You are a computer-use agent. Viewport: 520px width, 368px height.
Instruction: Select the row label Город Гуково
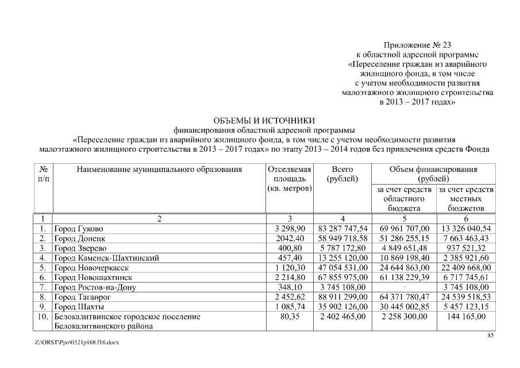pos(79,229)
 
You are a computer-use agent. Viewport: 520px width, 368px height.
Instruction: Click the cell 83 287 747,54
pos(342,229)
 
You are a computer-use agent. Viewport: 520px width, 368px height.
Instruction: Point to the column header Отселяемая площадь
pos(290,179)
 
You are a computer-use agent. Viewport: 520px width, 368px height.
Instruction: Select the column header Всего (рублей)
pos(342,174)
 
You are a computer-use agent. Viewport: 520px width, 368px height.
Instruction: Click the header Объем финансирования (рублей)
pos(433,174)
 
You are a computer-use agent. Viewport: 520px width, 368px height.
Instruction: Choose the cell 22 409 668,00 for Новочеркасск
pos(465,268)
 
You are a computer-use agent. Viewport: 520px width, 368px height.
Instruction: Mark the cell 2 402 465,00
pos(342,317)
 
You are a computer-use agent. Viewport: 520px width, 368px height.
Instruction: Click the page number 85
pos(491,336)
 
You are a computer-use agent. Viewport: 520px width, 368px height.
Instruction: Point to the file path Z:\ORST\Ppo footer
pos(76,342)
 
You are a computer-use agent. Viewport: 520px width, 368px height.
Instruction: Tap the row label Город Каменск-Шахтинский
pos(106,258)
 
